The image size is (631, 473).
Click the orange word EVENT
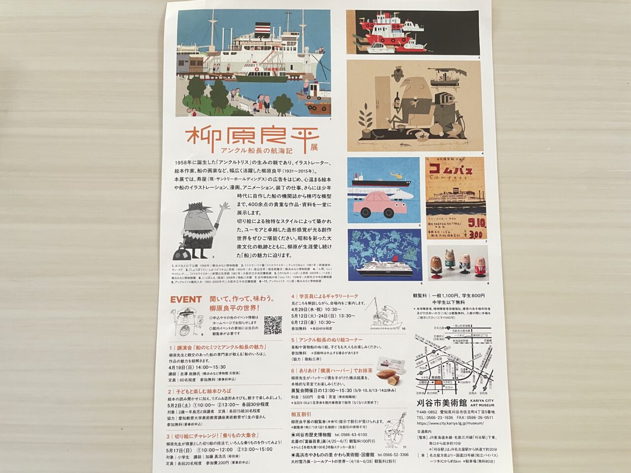click(185, 299)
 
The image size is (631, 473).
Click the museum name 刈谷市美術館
click(440, 403)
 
